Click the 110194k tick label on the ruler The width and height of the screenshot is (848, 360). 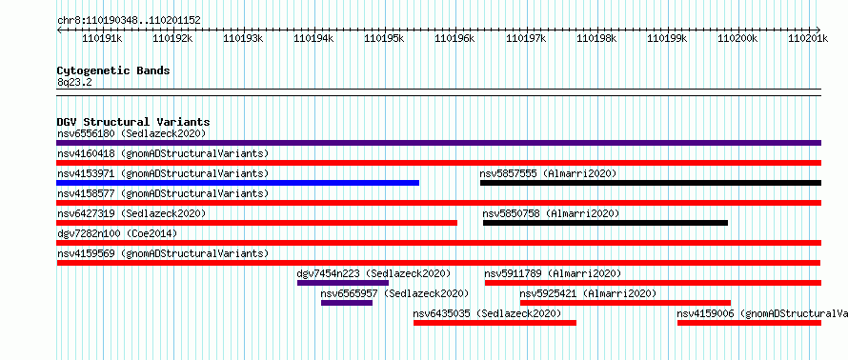pyautogui.click(x=313, y=38)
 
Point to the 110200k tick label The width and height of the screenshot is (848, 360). pyautogui.click(x=737, y=38)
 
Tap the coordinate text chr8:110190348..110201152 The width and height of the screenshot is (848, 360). pyautogui.click(x=129, y=21)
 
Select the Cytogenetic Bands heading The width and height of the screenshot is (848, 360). pyautogui.click(x=113, y=70)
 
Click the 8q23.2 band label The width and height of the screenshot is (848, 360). pyautogui.click(x=74, y=82)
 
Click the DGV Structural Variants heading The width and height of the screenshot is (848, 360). pyautogui.click(x=133, y=122)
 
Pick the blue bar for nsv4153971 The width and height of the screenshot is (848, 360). pyautogui.click(x=237, y=183)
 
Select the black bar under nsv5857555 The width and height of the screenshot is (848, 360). pyautogui.click(x=651, y=183)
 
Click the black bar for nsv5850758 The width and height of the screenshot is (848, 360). pyautogui.click(x=605, y=223)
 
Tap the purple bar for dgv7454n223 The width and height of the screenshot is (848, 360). pyautogui.click(x=343, y=283)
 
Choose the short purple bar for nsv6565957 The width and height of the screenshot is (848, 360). pyautogui.click(x=347, y=303)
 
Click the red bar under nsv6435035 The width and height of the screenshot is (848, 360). pyautogui.click(x=495, y=323)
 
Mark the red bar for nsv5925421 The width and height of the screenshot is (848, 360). pyautogui.click(x=625, y=303)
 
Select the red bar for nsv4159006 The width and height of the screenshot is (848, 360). pyautogui.click(x=750, y=323)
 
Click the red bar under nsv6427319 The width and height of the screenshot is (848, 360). pyautogui.click(x=257, y=223)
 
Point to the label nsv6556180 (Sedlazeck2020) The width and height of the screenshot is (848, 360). pyautogui.click(x=131, y=133)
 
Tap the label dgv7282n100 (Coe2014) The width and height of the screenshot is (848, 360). pyautogui.click(x=117, y=233)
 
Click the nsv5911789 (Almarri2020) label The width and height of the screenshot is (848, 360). pyautogui.click(x=553, y=273)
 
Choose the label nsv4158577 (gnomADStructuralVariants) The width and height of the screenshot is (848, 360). pyautogui.click(x=163, y=193)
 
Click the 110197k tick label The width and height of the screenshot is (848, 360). pyautogui.click(x=526, y=38)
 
